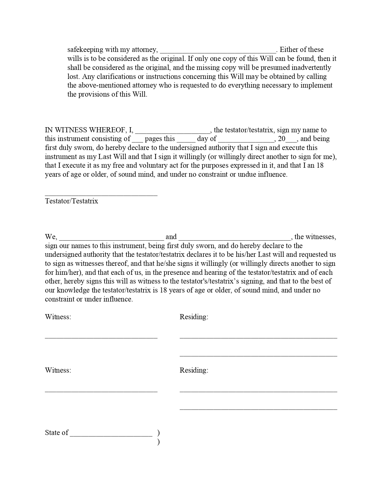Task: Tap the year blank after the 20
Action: coord(292,140)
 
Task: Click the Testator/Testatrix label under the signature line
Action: coord(71,201)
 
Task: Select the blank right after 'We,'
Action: coord(111,238)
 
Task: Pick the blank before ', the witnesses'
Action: coord(235,238)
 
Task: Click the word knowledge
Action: coord(73,290)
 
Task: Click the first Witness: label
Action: coord(58,317)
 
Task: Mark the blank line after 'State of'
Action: coord(111,434)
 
